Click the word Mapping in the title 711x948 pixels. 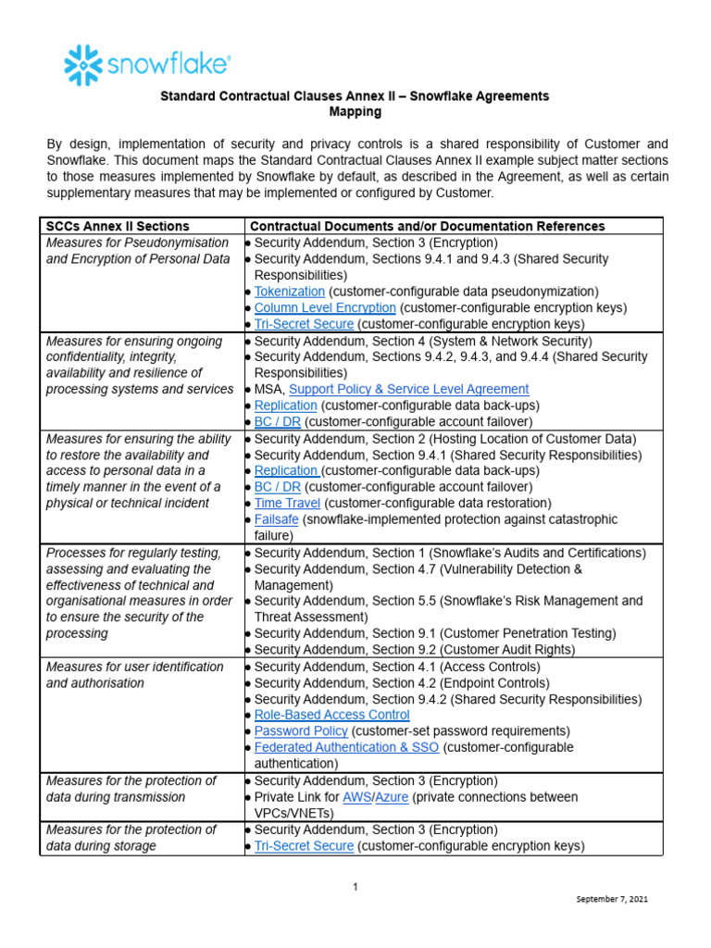355,112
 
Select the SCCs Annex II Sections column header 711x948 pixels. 118,226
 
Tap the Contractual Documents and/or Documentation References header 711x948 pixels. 429,226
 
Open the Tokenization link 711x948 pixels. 290,292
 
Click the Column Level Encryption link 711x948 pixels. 325,307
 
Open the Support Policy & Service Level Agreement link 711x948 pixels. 409,390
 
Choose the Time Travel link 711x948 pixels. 287,504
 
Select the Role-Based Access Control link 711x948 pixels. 331,715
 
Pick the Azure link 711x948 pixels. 392,797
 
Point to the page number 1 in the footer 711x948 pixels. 355,887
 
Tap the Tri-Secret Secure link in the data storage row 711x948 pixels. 304,846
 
